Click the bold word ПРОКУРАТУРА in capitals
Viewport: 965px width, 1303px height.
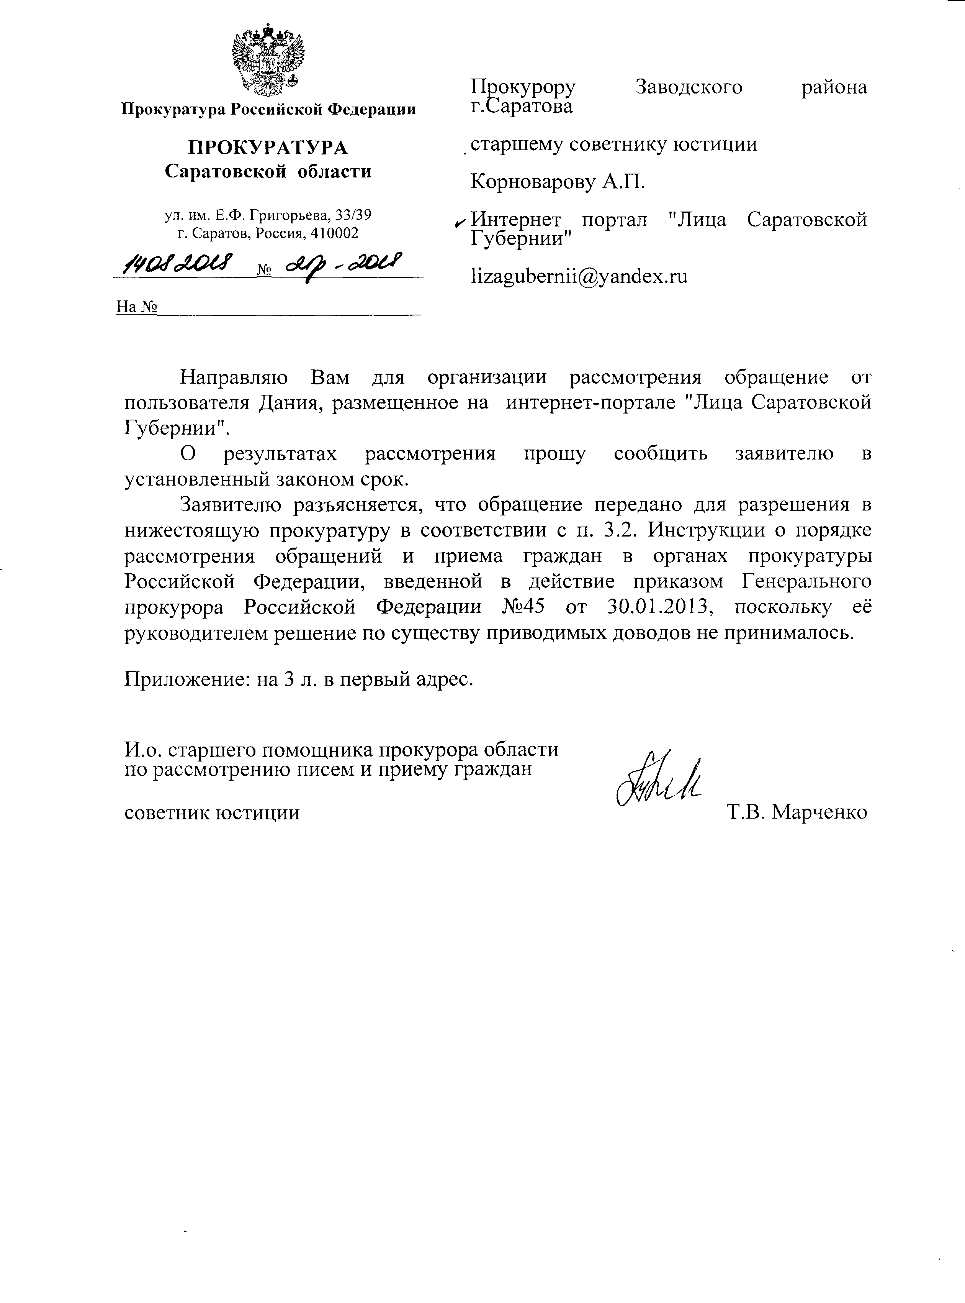click(x=268, y=147)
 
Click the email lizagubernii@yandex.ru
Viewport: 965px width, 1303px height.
click(x=579, y=276)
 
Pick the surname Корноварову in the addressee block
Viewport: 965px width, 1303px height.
click(x=533, y=182)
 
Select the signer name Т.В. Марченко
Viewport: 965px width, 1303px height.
click(x=797, y=812)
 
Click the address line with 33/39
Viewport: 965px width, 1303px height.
click(x=268, y=216)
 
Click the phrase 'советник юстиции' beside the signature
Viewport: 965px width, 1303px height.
click(x=212, y=812)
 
